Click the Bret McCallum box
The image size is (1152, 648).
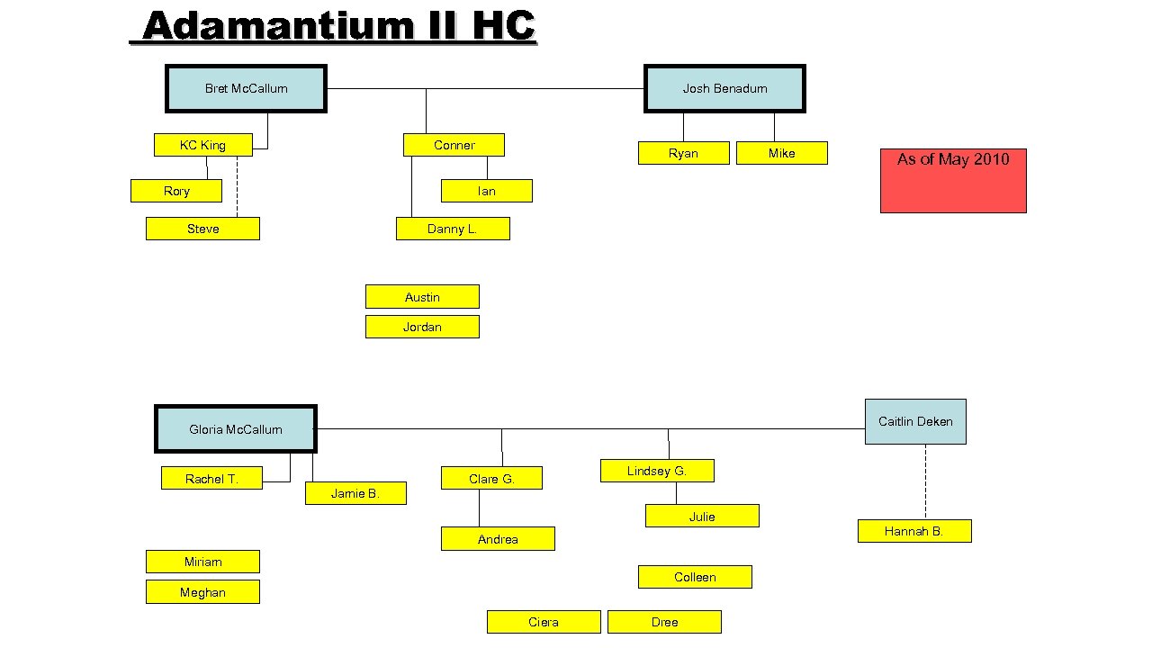coord(246,88)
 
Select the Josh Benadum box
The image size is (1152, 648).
coord(724,88)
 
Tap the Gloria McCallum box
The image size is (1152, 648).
coord(236,429)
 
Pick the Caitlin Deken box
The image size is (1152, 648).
coord(915,421)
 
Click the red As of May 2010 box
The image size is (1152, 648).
coord(953,181)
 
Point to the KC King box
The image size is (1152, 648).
coord(202,145)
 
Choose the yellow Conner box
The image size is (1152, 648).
coord(454,145)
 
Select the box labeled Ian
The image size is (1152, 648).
coord(486,191)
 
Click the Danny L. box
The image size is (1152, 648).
coord(453,229)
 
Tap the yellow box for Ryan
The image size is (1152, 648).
coord(683,153)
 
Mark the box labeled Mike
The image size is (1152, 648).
coord(781,153)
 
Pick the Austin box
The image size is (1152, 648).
coord(422,297)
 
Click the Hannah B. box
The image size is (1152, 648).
coord(914,531)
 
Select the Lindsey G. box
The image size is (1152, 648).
coord(657,471)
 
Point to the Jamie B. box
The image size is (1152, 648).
coord(355,493)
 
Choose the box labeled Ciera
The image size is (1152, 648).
coord(544,622)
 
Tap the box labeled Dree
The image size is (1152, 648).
coord(664,622)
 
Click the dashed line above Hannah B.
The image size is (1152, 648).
coord(925,481)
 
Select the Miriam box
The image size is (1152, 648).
coord(202,562)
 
